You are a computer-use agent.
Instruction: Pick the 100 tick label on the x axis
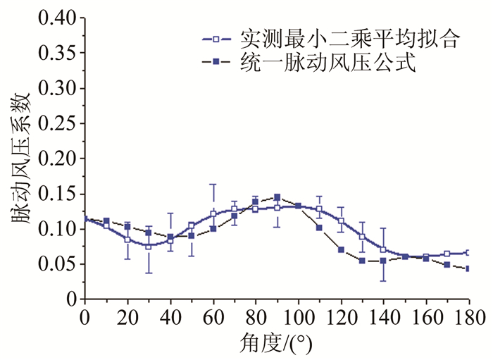pyautogui.click(x=298, y=316)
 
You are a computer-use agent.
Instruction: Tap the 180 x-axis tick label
pyautogui.click(x=468, y=316)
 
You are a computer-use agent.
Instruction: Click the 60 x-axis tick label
pyautogui.click(x=213, y=316)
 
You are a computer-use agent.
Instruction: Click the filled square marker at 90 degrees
pyautogui.click(x=277, y=197)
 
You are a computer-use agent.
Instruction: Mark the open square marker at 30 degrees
pyautogui.click(x=149, y=246)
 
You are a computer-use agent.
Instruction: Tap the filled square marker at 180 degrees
pyautogui.click(x=468, y=268)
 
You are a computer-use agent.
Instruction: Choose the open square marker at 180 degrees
pyautogui.click(x=468, y=252)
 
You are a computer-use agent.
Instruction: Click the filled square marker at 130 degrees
pyautogui.click(x=362, y=261)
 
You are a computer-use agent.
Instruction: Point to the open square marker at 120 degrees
pyautogui.click(x=341, y=221)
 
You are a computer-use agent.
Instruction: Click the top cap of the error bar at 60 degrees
pyautogui.click(x=213, y=185)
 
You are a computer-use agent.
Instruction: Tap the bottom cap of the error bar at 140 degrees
pyautogui.click(x=383, y=281)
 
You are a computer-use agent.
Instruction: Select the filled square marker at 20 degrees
pyautogui.click(x=127, y=227)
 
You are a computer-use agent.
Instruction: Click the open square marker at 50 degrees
pyautogui.click(x=192, y=225)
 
